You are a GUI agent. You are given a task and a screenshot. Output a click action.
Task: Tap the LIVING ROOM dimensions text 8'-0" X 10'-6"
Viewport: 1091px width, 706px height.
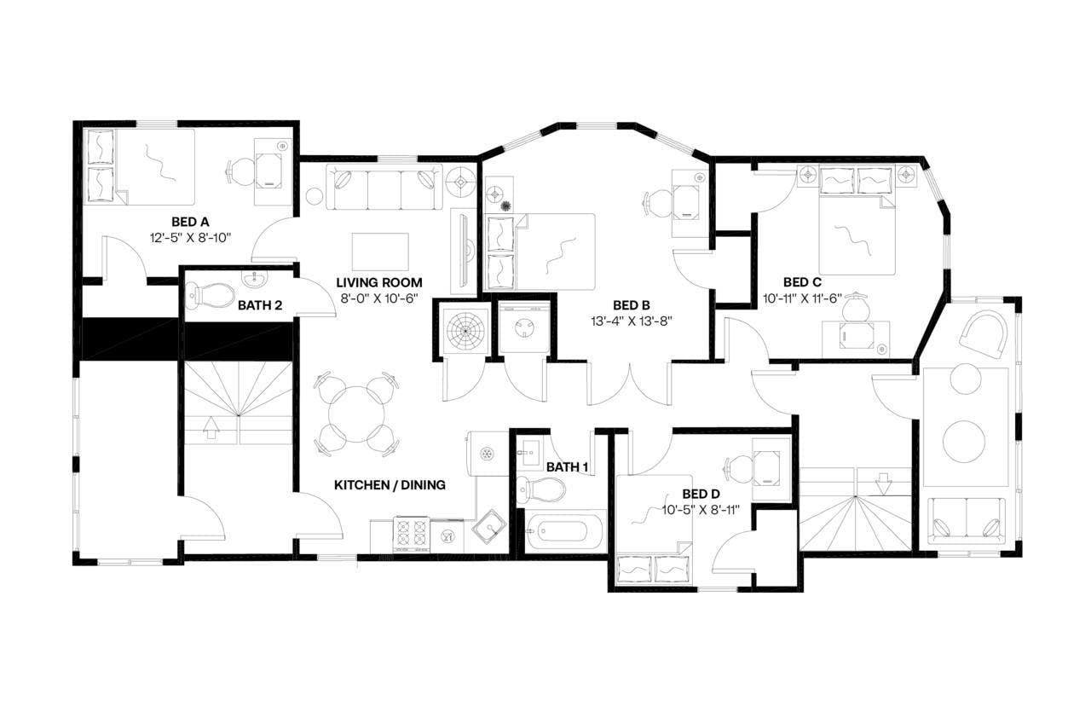[x=378, y=298]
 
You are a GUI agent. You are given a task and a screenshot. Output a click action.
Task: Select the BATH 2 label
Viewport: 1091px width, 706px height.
[x=260, y=304]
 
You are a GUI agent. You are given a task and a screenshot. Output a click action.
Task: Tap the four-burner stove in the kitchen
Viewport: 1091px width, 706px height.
[x=411, y=535]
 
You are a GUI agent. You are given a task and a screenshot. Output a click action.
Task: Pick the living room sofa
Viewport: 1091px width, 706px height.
[x=384, y=188]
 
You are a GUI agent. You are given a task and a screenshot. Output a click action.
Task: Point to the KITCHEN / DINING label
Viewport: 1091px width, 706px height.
[x=389, y=485]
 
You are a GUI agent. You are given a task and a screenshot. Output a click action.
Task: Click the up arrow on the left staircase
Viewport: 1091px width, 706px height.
[x=210, y=427]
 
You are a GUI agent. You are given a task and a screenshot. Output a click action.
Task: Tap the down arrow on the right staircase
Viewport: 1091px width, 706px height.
[x=883, y=483]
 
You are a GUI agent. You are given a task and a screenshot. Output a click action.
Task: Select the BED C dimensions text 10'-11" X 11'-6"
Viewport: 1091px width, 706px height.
[x=801, y=298]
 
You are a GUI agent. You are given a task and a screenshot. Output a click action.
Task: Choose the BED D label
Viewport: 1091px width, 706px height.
[x=701, y=494]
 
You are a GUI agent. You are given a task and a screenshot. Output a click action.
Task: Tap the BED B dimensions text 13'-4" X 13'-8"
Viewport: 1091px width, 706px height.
[x=632, y=321]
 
